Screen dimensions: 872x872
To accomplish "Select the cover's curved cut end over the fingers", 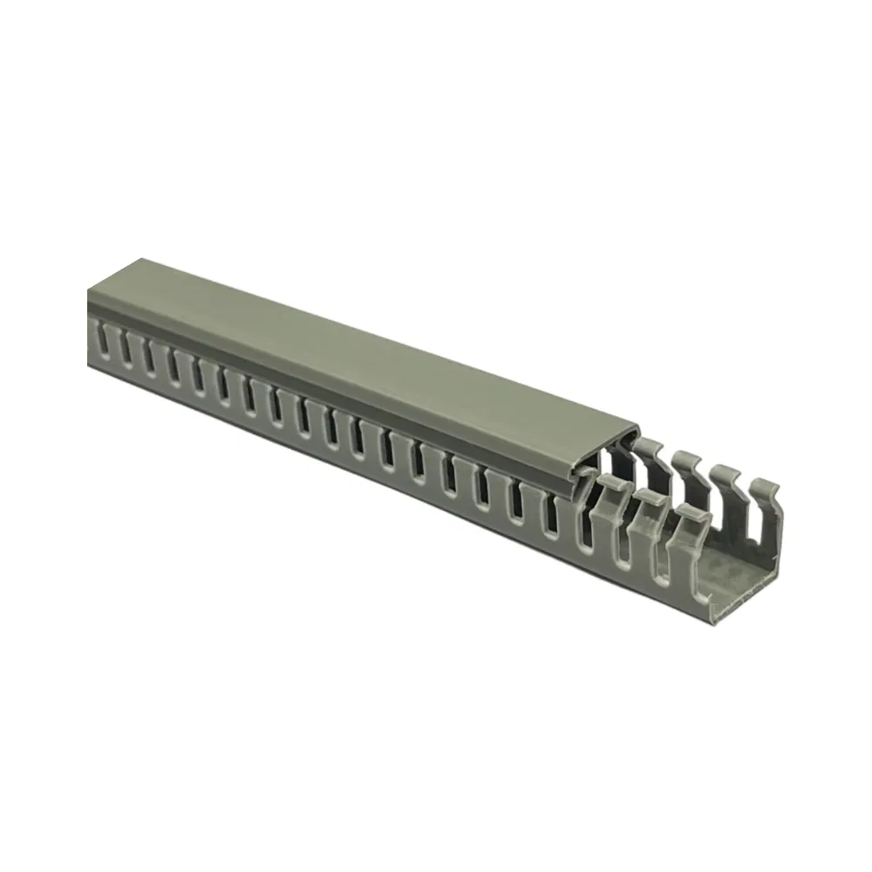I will pos(610,449).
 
